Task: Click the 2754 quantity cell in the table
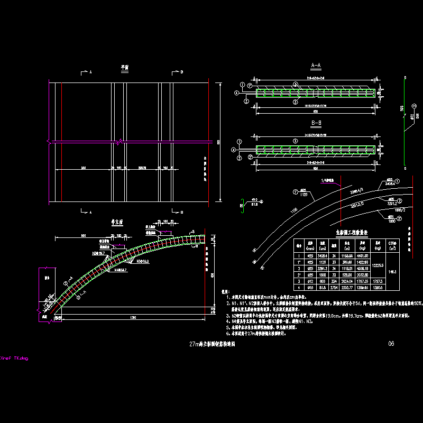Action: coord(334,289)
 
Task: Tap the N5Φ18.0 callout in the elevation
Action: coord(143,261)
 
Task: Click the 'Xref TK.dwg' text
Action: coord(14,358)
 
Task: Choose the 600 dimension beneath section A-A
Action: coord(316,112)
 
